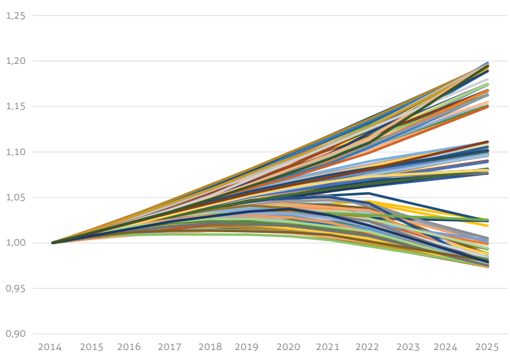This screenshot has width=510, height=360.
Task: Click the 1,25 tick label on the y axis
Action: (15, 15)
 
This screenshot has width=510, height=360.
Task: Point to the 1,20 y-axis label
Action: (15, 61)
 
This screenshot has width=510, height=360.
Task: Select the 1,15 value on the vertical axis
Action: (15, 106)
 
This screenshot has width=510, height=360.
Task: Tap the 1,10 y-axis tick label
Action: (15, 152)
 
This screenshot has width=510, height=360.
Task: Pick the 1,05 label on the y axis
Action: (15, 198)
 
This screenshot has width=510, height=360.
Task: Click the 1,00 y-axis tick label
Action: (15, 243)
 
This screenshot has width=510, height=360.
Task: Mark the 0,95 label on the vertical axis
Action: (15, 288)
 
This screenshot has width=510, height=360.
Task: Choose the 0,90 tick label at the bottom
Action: (15, 333)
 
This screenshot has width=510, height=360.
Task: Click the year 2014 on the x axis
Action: (50, 347)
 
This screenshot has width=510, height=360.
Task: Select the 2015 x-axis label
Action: (91, 347)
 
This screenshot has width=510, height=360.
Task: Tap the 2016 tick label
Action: (129, 347)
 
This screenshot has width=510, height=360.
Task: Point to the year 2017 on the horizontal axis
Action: (170, 347)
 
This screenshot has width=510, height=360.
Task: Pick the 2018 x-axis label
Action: (210, 347)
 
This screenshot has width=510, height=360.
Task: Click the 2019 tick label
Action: (246, 347)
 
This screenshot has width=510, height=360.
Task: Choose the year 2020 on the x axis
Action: (288, 347)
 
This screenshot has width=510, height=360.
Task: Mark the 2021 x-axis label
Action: (328, 347)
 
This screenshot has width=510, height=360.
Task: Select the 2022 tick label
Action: (368, 347)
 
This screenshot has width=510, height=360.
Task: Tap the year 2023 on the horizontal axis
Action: (408, 347)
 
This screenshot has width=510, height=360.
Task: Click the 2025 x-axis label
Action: (487, 347)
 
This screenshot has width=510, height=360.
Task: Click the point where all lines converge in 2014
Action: (53, 243)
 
